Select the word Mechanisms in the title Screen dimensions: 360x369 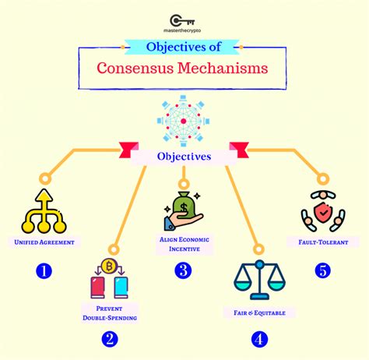225,69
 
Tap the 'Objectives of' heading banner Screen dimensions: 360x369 184,46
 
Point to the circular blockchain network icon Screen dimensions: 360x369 184,118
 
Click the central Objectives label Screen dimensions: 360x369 184,157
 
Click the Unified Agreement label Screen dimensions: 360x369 44,242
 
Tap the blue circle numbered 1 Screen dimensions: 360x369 44,271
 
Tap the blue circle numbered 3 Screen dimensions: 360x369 184,271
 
